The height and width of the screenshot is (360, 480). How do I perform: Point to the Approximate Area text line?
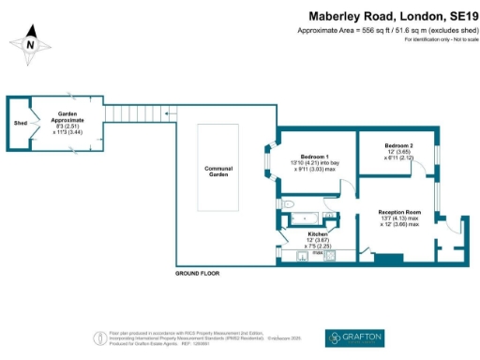[x=385, y=31]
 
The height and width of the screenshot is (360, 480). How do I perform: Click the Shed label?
[x=19, y=123]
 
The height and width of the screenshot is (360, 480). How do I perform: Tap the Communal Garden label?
[x=218, y=171]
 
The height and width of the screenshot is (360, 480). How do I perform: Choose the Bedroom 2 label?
[x=398, y=146]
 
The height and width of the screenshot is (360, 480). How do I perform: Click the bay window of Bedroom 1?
[x=266, y=165]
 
